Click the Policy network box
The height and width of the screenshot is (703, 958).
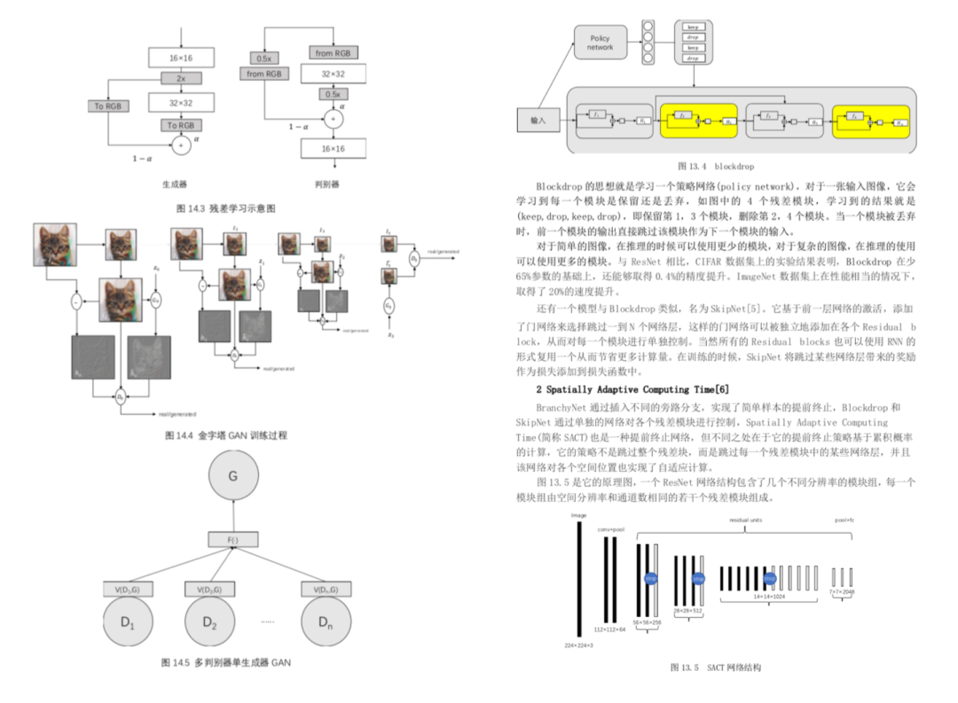click(x=601, y=43)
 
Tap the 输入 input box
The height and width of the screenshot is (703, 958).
click(x=538, y=121)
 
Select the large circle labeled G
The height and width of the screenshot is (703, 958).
click(x=233, y=476)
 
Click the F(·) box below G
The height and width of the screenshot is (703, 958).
click(x=233, y=539)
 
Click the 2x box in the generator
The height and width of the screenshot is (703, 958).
click(x=181, y=78)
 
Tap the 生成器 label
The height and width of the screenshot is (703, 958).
click(x=174, y=184)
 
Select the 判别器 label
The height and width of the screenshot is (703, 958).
click(x=327, y=184)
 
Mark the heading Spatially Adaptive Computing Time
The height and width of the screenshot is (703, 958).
click(x=633, y=389)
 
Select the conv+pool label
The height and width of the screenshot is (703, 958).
click(x=610, y=529)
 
